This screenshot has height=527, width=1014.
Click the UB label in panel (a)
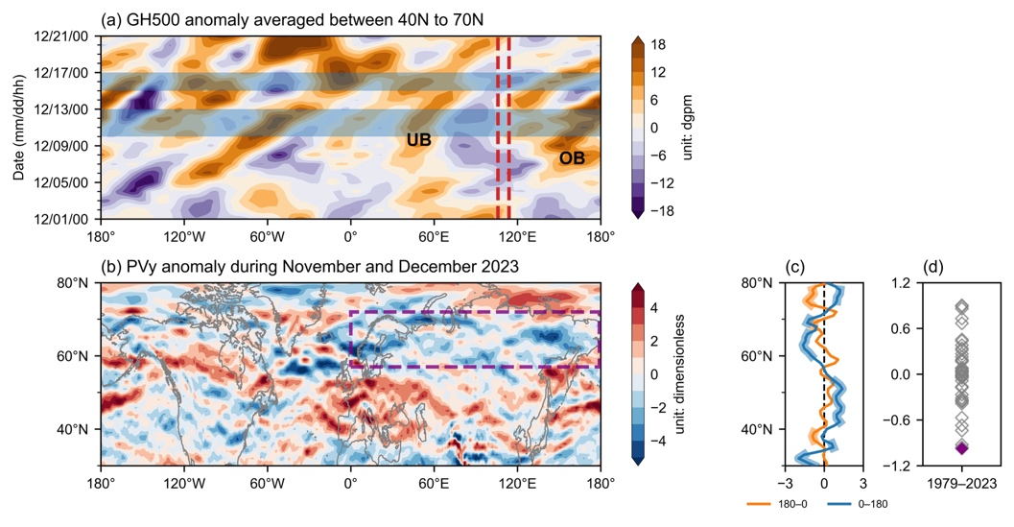click(418, 141)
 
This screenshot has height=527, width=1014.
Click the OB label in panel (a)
click(572, 157)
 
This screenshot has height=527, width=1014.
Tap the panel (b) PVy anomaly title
click(310, 266)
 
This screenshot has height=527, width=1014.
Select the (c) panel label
click(796, 267)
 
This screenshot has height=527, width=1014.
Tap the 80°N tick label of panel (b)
click(73, 283)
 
